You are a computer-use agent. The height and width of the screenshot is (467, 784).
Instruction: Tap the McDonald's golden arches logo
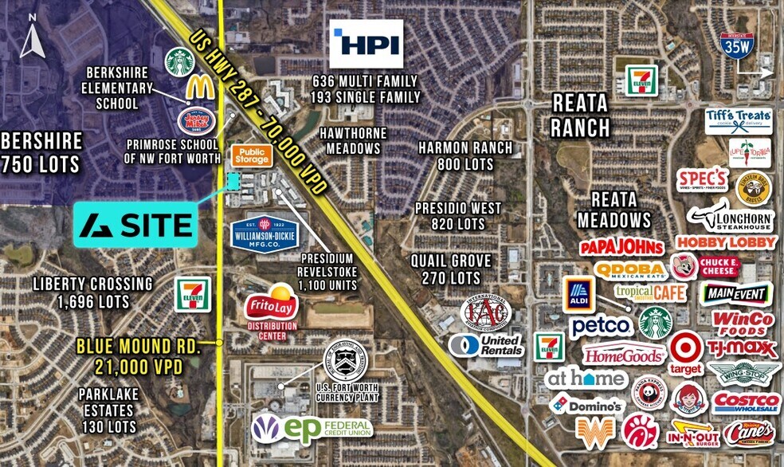[x=199, y=88]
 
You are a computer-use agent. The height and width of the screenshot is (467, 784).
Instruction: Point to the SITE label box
[x=136, y=224]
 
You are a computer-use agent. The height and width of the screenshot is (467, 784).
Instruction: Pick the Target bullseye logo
[x=685, y=351]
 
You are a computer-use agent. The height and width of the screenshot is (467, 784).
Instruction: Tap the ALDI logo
[x=578, y=295]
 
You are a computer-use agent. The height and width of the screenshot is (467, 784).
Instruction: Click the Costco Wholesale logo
[x=746, y=402]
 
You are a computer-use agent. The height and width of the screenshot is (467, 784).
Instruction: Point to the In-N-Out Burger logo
[x=692, y=433]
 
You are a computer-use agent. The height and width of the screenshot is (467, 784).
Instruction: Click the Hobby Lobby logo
[x=725, y=242]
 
